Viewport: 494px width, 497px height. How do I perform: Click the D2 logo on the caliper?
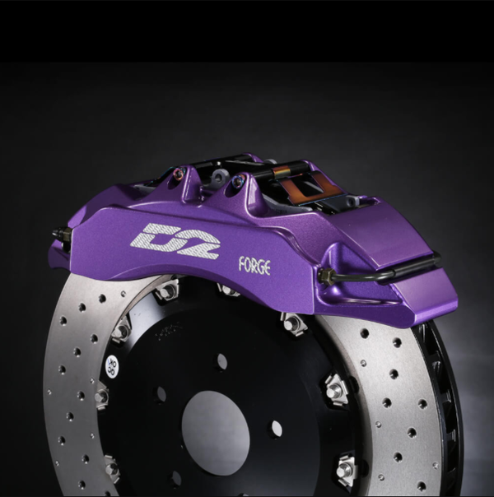175,239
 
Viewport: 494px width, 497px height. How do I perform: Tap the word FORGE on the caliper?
254,265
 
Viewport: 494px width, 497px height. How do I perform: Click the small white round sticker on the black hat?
111,363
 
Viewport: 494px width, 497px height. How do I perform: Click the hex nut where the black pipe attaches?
328,277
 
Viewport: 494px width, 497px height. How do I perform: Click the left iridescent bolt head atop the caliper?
179,174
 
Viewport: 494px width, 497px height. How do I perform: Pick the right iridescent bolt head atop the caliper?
238,180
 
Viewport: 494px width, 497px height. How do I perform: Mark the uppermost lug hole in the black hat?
222,360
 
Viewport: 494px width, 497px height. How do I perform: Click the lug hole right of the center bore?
276,429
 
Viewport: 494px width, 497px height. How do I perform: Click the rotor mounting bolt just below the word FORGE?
228,290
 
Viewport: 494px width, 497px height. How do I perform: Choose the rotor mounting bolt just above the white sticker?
122,331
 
